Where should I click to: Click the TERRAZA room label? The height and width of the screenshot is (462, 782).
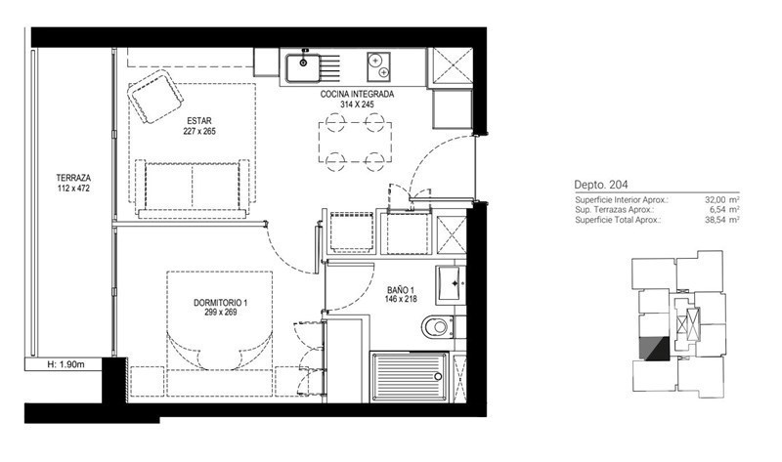pyautogui.click(x=73, y=178)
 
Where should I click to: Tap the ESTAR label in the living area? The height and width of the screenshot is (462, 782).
pyautogui.click(x=199, y=120)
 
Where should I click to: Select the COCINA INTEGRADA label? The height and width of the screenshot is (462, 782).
pyautogui.click(x=357, y=94)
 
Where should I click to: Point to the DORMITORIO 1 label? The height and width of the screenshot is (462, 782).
pyautogui.click(x=221, y=303)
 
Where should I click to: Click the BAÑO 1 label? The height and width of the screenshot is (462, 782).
pyautogui.click(x=401, y=290)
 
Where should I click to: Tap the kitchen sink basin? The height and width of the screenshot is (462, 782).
pyautogui.click(x=303, y=67)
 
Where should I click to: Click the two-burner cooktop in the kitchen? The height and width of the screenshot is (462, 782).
pyautogui.click(x=378, y=66)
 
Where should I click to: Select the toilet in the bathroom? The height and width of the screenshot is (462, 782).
pyautogui.click(x=437, y=327)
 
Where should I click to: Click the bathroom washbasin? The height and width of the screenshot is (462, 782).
pyautogui.click(x=451, y=284)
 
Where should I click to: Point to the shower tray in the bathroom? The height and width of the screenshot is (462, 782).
pyautogui.click(x=409, y=376)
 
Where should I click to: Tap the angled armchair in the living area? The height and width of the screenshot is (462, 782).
pyautogui.click(x=154, y=96)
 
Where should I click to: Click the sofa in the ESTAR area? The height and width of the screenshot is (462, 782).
pyautogui.click(x=192, y=189)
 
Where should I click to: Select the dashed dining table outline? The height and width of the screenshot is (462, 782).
pyautogui.click(x=355, y=142)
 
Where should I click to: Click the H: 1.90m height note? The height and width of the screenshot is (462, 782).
pyautogui.click(x=65, y=364)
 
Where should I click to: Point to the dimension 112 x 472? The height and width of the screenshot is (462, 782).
pyautogui.click(x=73, y=189)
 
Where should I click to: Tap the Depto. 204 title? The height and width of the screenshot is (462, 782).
pyautogui.click(x=601, y=185)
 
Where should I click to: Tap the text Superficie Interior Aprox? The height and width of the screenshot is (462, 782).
pyautogui.click(x=622, y=200)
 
